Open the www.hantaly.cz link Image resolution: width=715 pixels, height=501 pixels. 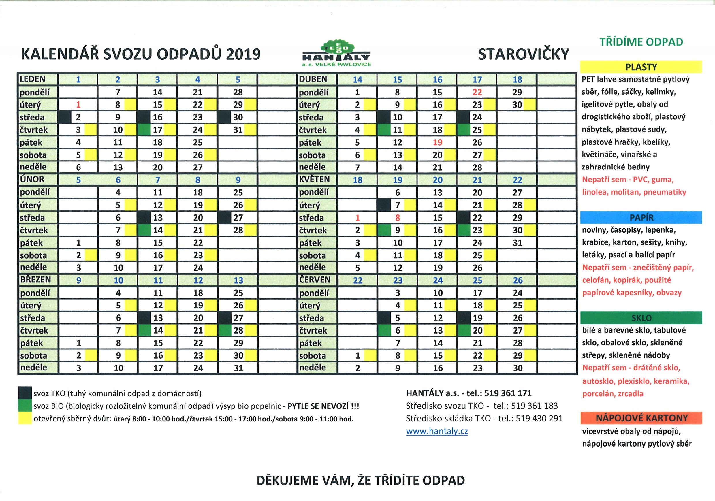[x=437, y=431]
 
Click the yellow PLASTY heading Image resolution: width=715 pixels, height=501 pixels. [x=641, y=67]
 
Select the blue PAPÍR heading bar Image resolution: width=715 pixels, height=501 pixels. [x=641, y=217]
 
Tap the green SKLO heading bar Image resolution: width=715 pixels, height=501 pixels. [x=641, y=318]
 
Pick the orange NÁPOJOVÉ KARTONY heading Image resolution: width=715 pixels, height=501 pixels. [x=641, y=418]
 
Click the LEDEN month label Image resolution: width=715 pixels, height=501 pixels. [x=32, y=79]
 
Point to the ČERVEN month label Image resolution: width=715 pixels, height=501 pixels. [x=315, y=280]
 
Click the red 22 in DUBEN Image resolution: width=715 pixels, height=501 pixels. [x=477, y=92]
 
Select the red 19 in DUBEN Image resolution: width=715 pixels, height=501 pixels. [x=437, y=142]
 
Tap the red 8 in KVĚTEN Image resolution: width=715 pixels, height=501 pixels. [x=397, y=218]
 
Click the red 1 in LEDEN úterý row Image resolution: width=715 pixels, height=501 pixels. [x=78, y=105]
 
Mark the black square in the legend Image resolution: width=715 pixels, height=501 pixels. [x=25, y=393]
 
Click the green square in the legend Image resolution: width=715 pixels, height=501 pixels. [x=25, y=405]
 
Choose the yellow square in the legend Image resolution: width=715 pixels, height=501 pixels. [x=25, y=418]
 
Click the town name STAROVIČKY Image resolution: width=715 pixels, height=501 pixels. [x=523, y=54]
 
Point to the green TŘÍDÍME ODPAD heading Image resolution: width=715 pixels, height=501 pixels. [x=641, y=42]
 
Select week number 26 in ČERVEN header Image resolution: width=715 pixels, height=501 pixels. [x=518, y=280]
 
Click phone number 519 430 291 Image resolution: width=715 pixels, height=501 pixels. [x=539, y=418]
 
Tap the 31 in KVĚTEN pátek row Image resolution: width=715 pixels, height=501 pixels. [x=517, y=242]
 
